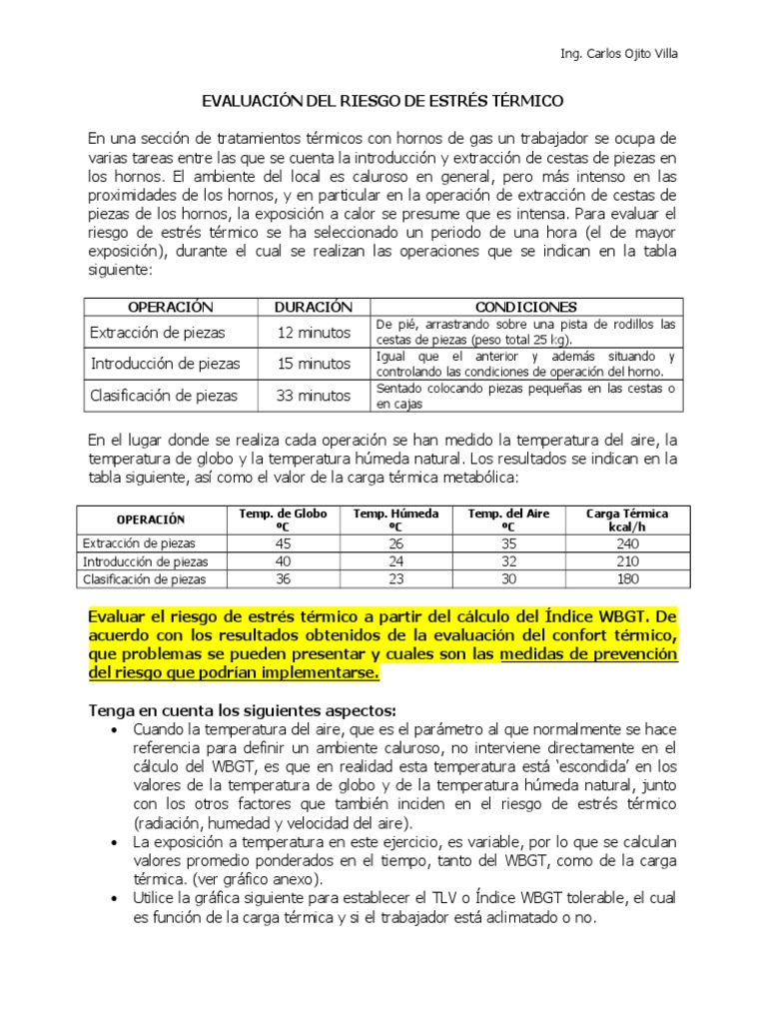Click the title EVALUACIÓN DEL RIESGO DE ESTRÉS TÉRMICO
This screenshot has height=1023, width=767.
(x=383, y=101)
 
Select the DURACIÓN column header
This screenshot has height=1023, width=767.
(x=314, y=307)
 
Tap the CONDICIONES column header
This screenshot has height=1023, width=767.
(x=525, y=307)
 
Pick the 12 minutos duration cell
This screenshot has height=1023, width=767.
(x=314, y=333)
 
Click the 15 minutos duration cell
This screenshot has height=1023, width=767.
(x=314, y=364)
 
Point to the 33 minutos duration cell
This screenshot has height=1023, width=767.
(x=314, y=396)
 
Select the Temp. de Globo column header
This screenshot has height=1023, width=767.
(x=283, y=519)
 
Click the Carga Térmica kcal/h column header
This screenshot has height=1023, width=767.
(x=627, y=519)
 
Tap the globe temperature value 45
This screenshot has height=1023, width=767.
(x=283, y=543)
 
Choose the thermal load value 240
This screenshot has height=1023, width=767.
(x=627, y=543)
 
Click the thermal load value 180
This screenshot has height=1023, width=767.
(x=627, y=578)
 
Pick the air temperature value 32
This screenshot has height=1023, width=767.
(x=509, y=561)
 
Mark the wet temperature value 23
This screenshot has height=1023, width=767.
(x=396, y=578)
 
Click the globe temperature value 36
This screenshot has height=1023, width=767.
(x=283, y=578)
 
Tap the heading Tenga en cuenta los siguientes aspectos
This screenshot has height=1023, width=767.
(x=243, y=710)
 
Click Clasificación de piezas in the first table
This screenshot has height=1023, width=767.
(x=164, y=396)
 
